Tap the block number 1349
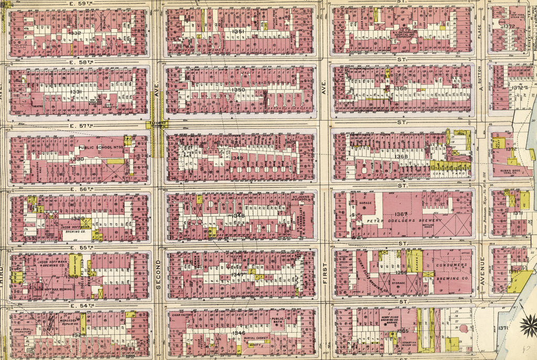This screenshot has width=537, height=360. (237, 158)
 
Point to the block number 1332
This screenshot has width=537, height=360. (75, 33)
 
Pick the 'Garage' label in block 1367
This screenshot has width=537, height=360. (365, 202)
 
